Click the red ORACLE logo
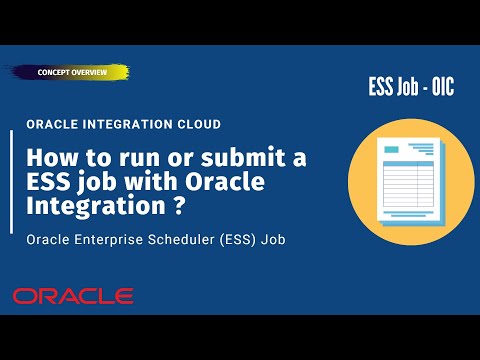[x=73, y=296]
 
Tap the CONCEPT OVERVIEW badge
[x=72, y=72]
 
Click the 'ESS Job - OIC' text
[x=410, y=88]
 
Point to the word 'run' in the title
[x=137, y=157]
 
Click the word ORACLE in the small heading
[x=53, y=124]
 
